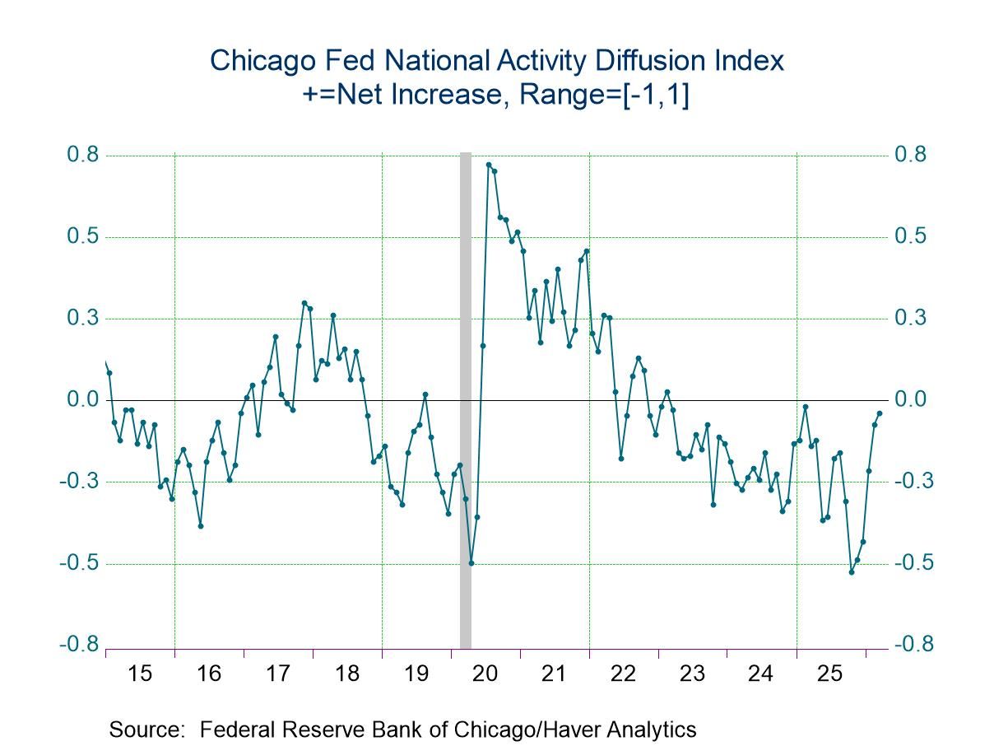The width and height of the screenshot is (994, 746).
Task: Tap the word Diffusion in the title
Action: coord(620,61)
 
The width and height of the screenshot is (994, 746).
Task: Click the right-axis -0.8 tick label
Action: coord(912,645)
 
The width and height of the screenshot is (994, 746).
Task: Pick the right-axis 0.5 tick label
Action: coord(912,237)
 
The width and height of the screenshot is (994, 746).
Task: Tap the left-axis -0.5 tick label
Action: coord(79,563)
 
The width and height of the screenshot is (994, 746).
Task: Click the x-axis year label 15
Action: coord(141,674)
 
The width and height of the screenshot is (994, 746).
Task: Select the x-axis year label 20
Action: coord(485,674)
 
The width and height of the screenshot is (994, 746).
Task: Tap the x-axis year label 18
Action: coord(347,674)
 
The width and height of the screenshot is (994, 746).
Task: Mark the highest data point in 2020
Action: coord(489,165)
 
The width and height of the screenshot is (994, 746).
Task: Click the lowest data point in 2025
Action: coord(852,571)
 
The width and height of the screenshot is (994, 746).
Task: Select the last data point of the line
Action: coord(880,413)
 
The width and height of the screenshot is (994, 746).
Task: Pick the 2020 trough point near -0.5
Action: coord(471,563)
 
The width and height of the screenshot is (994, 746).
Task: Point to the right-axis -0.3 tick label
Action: coord(912,482)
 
